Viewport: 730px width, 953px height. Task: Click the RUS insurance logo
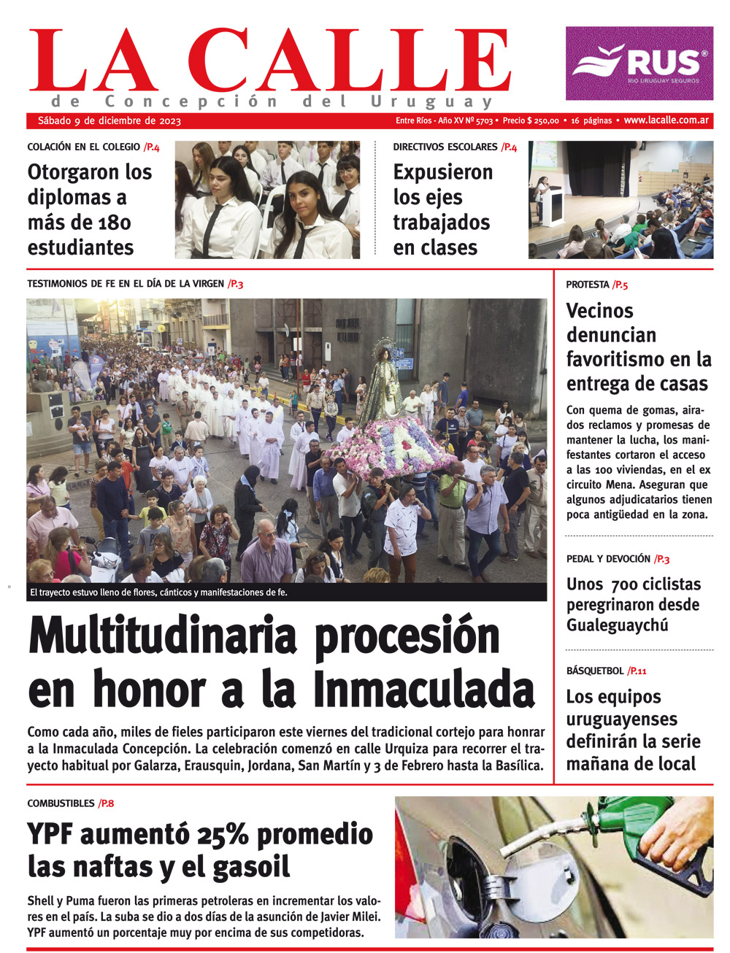(639, 63)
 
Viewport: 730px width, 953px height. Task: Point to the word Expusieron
(442, 172)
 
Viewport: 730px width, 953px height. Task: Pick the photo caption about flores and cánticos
(158, 593)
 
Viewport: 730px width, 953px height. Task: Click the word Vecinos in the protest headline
(599, 311)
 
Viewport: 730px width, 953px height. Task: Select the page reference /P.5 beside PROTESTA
(620, 285)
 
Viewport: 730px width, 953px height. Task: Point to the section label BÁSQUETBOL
(595, 671)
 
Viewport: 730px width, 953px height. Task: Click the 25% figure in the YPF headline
(223, 834)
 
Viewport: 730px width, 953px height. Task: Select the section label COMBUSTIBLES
(61, 803)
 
